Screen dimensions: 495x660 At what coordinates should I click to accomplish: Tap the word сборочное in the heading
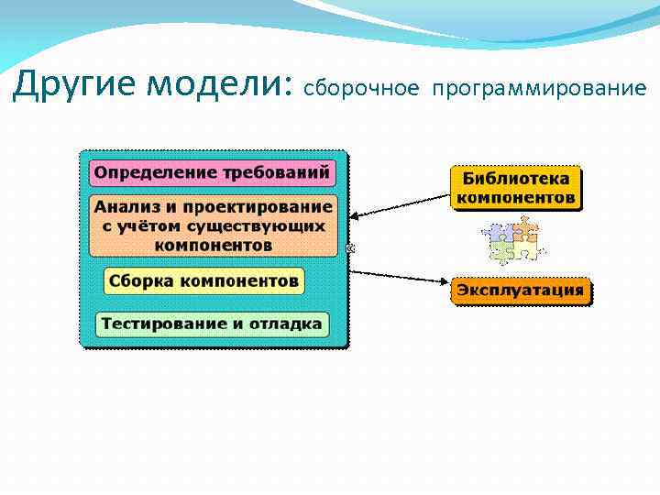tap(361, 88)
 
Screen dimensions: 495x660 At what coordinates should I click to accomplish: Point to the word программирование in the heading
tap(540, 88)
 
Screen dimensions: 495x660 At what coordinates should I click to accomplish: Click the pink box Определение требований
tap(212, 172)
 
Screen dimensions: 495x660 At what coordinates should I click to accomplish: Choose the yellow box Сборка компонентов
tap(203, 280)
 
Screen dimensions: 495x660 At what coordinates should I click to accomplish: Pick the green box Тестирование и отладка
tap(212, 324)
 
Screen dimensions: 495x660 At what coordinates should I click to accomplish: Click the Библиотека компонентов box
tap(516, 188)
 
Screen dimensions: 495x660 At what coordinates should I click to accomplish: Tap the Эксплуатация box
tap(520, 291)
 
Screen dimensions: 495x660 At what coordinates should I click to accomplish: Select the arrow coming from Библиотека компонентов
tap(400, 204)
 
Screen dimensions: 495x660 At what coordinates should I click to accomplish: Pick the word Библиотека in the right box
tap(516, 179)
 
